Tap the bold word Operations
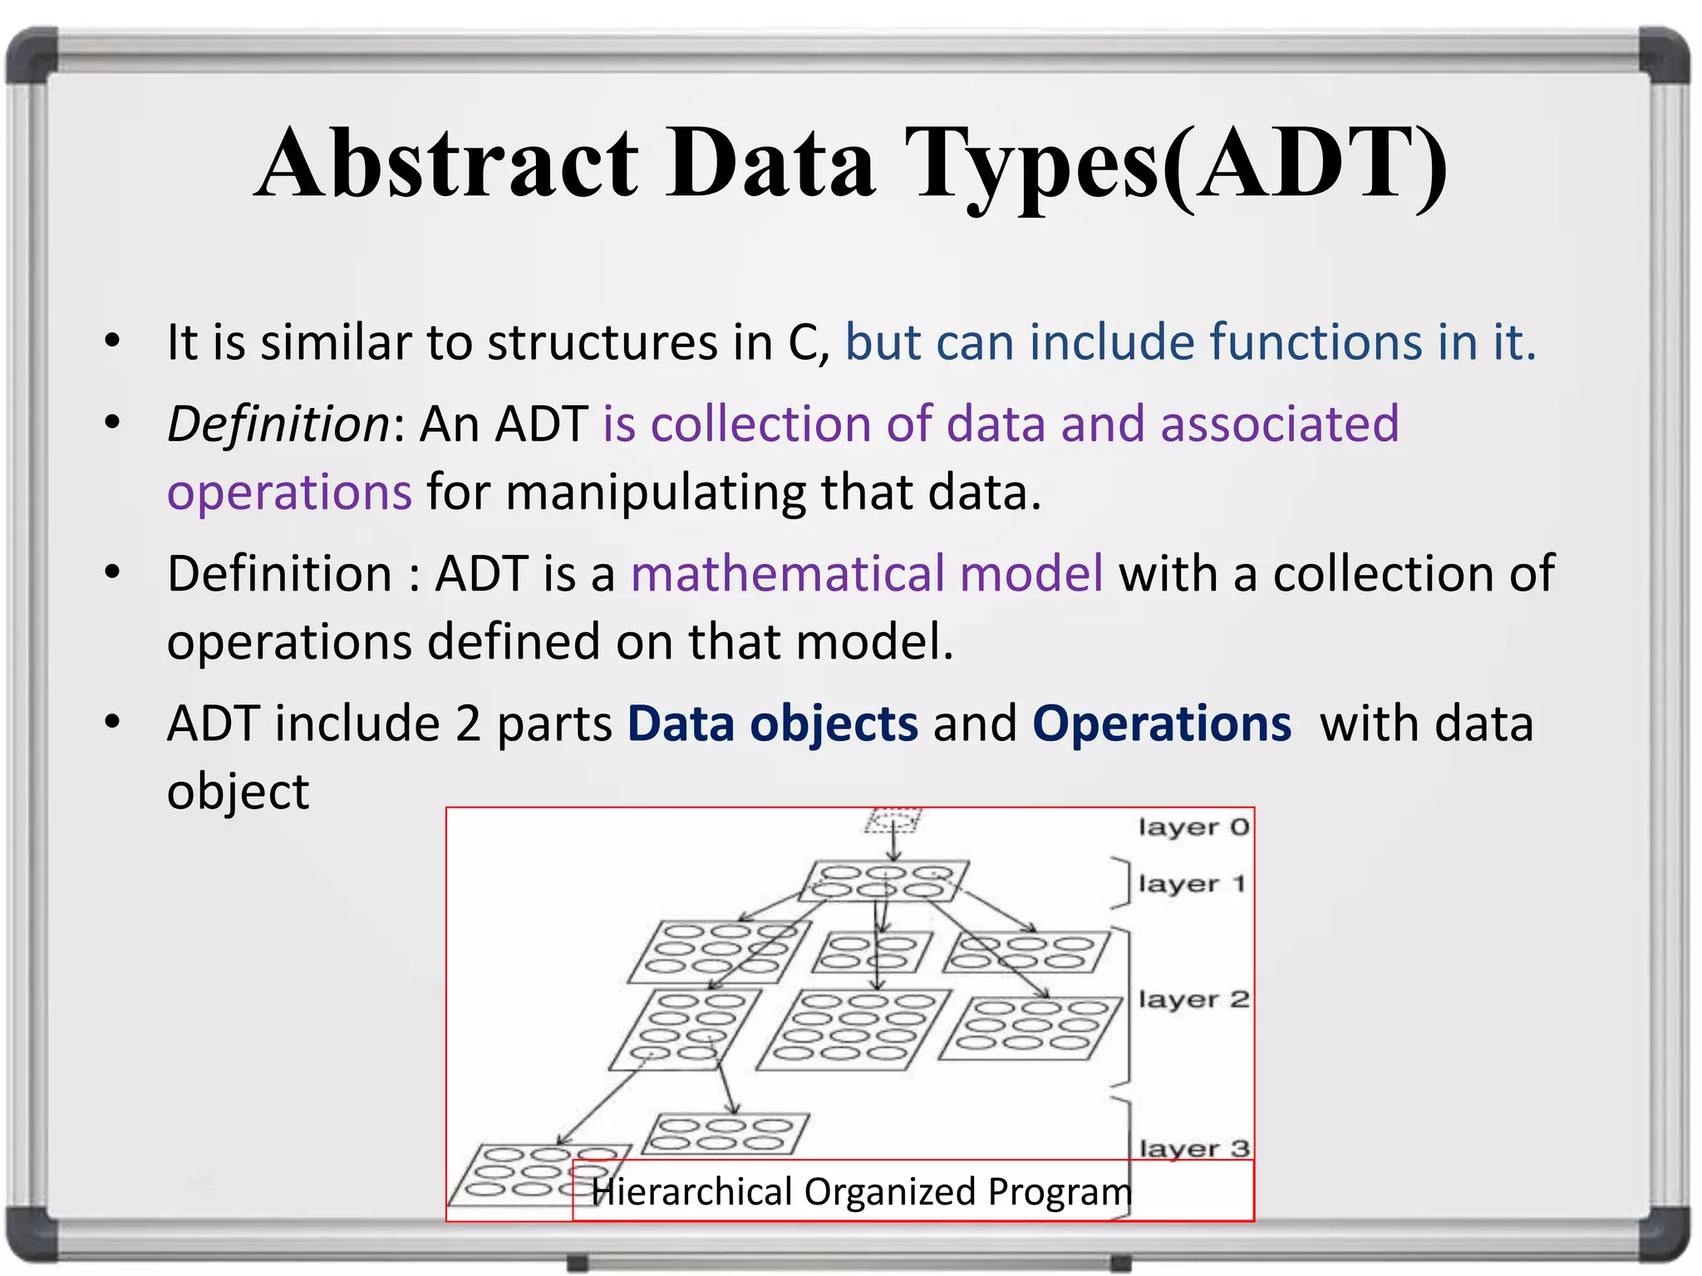1161,724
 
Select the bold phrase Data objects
772,724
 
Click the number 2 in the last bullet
468,724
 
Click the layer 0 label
1193,827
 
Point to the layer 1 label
1190,884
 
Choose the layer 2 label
1193,999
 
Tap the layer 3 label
1193,1149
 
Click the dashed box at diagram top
892,821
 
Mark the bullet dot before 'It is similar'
112,341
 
